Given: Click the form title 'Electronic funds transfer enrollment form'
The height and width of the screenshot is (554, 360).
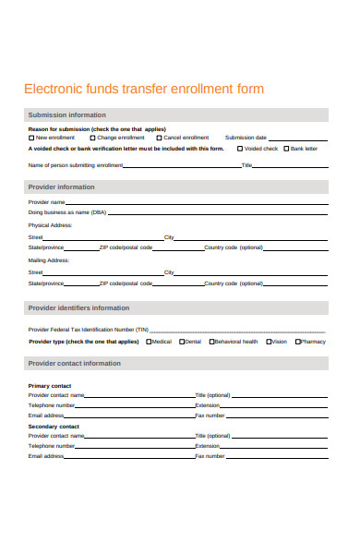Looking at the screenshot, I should coord(143,89).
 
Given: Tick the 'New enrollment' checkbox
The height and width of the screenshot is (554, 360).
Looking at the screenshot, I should coord(31,138).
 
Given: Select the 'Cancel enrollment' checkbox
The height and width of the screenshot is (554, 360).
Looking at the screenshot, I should coord(159,138).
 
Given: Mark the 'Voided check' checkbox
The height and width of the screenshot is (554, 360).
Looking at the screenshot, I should coord(240,148).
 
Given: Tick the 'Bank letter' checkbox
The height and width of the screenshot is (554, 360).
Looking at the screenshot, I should coord(286,148).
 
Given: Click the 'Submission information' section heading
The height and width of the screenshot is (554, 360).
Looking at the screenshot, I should coord(66,115).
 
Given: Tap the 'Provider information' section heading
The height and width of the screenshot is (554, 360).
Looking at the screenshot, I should coord(61,187).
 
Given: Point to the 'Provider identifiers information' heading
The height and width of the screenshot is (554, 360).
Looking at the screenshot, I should coord(78,307).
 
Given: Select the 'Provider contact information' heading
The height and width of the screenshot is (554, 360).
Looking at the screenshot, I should coord(74,363).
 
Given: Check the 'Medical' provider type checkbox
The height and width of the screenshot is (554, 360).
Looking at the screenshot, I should coord(148,342).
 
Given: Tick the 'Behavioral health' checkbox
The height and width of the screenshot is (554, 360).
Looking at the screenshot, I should coord(211,342).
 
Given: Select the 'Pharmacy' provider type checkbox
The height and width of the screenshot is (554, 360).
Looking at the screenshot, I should coord(298,342).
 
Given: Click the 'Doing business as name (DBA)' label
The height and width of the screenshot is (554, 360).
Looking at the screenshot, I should coord(67,212).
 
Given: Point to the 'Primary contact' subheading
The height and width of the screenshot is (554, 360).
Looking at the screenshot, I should coord(50,385).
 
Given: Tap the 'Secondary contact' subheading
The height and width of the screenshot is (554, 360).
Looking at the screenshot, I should coord(54,427).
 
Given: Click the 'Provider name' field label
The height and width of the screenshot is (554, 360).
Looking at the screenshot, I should coord(47,201).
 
